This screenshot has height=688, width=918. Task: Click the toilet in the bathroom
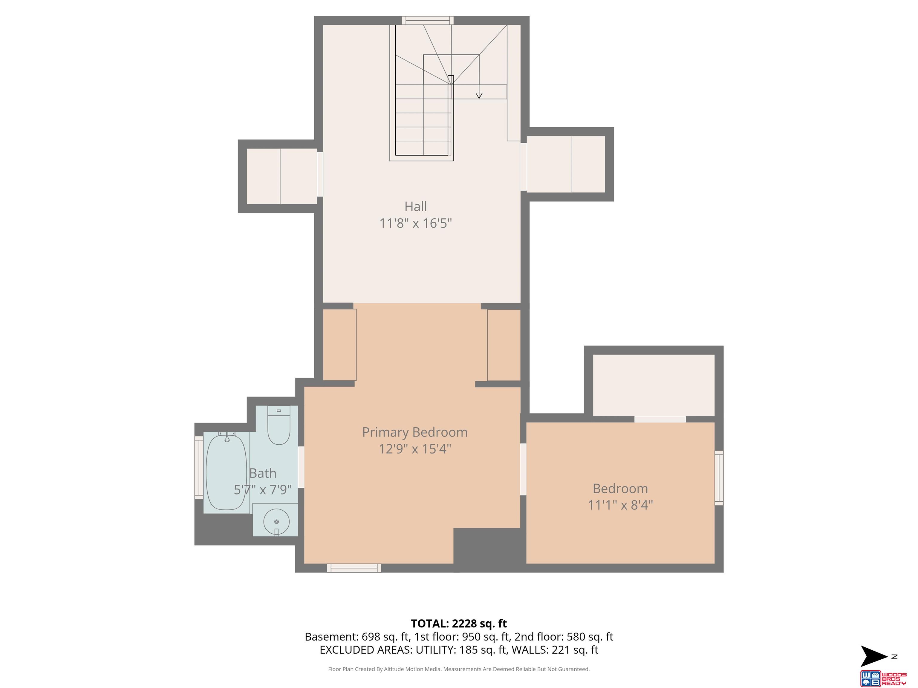click(x=279, y=426)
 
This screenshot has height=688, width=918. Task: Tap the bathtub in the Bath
click(x=227, y=471)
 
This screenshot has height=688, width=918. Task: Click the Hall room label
click(x=415, y=206)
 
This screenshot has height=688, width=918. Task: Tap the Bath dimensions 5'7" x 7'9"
click(x=263, y=490)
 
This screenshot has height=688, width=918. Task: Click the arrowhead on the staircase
click(x=479, y=95)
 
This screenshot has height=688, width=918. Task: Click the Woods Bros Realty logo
click(x=883, y=678)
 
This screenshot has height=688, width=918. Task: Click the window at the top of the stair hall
click(x=427, y=20)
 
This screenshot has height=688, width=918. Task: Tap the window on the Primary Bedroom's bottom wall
click(x=354, y=568)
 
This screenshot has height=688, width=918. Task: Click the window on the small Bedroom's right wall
click(x=719, y=478)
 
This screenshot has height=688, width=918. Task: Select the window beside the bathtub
click(x=199, y=467)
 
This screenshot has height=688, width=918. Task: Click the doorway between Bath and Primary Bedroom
click(x=301, y=467)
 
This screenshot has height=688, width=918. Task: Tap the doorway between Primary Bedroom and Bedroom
click(x=523, y=469)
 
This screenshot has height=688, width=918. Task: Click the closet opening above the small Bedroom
click(x=660, y=419)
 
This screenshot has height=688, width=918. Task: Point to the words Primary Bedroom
click(x=415, y=432)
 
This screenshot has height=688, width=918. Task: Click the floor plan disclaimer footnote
click(x=459, y=669)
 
